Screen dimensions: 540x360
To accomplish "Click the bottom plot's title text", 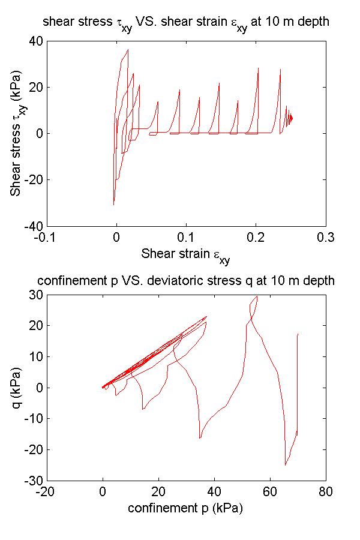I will (185, 281).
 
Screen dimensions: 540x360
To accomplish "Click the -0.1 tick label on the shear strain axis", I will (47, 237).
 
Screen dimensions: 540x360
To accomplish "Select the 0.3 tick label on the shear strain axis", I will (326, 237).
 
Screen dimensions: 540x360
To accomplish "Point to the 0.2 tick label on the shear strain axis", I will (256, 237).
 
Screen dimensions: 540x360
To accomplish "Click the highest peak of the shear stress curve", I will (128, 50).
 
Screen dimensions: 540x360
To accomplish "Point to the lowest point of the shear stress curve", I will (113, 205).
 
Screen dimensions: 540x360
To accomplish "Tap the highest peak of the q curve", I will (257, 296).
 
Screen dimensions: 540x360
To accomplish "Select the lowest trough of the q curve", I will (285, 465).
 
